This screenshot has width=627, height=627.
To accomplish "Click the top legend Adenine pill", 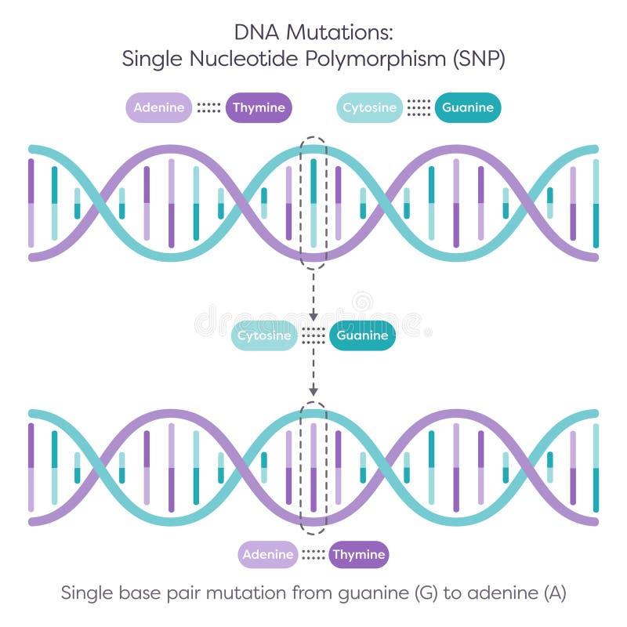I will point(160,108).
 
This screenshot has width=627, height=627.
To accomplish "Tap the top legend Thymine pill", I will point(259,108).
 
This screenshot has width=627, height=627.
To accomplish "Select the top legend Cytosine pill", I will point(370,108).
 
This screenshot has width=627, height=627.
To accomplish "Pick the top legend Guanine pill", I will point(468,108).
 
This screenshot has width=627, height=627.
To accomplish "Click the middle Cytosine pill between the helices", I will point(264,336).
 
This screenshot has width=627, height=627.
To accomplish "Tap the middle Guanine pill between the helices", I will point(362,336).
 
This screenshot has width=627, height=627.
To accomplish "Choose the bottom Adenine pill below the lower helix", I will point(268,555).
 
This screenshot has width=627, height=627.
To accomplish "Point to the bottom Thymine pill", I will point(358,555).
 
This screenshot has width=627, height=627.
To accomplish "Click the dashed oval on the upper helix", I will point(313,202).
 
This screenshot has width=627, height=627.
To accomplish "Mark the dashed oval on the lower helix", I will point(313,468).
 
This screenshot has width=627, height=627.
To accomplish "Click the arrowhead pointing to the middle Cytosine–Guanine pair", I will point(313,316).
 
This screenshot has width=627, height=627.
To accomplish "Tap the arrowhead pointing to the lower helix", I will point(313,390).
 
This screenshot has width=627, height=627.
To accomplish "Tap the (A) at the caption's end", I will point(553,593).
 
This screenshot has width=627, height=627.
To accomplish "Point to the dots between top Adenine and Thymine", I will point(208,108).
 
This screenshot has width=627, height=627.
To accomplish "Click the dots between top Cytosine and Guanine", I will point(419,108).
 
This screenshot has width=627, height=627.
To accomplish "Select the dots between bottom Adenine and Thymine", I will point(313,555).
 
